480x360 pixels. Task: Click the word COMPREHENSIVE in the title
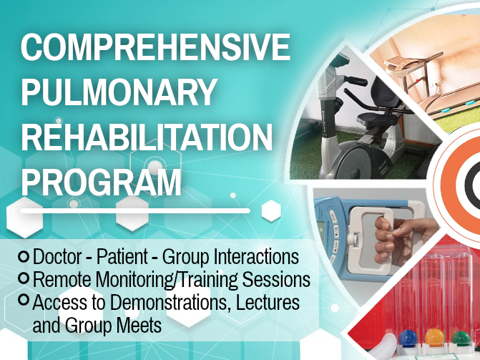pos(155,47)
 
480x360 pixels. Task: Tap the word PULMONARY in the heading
pos(119,92)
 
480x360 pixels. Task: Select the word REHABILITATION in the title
pos(147,137)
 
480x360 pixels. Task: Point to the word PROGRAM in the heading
pos(101,182)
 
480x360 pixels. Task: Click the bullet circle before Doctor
pos(24,256)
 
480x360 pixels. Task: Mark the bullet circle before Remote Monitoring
pos(24,278)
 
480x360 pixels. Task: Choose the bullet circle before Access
pos(24,299)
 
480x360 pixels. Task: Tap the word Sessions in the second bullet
pos(276,279)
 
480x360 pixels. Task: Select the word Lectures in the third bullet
pos(268,303)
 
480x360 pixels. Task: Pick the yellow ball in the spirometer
pos(434,337)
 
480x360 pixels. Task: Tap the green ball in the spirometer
pos(461,339)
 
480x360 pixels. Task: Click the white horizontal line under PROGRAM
pos(135,211)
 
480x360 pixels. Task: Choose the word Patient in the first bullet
pos(122,256)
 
